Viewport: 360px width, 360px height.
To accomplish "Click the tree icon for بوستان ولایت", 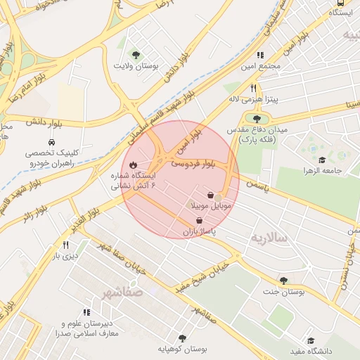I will [x=136, y=54].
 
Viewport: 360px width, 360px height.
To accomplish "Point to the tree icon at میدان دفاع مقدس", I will [x=256, y=120].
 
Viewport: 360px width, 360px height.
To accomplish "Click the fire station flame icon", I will [x=133, y=165].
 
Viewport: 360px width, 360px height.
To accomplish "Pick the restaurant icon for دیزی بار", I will [x=66, y=245].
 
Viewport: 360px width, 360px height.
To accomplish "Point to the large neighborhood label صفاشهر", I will [x=122, y=291].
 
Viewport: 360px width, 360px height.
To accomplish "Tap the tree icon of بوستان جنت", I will [x=283, y=281].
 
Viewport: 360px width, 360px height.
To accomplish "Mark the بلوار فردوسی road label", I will [x=193, y=164].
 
